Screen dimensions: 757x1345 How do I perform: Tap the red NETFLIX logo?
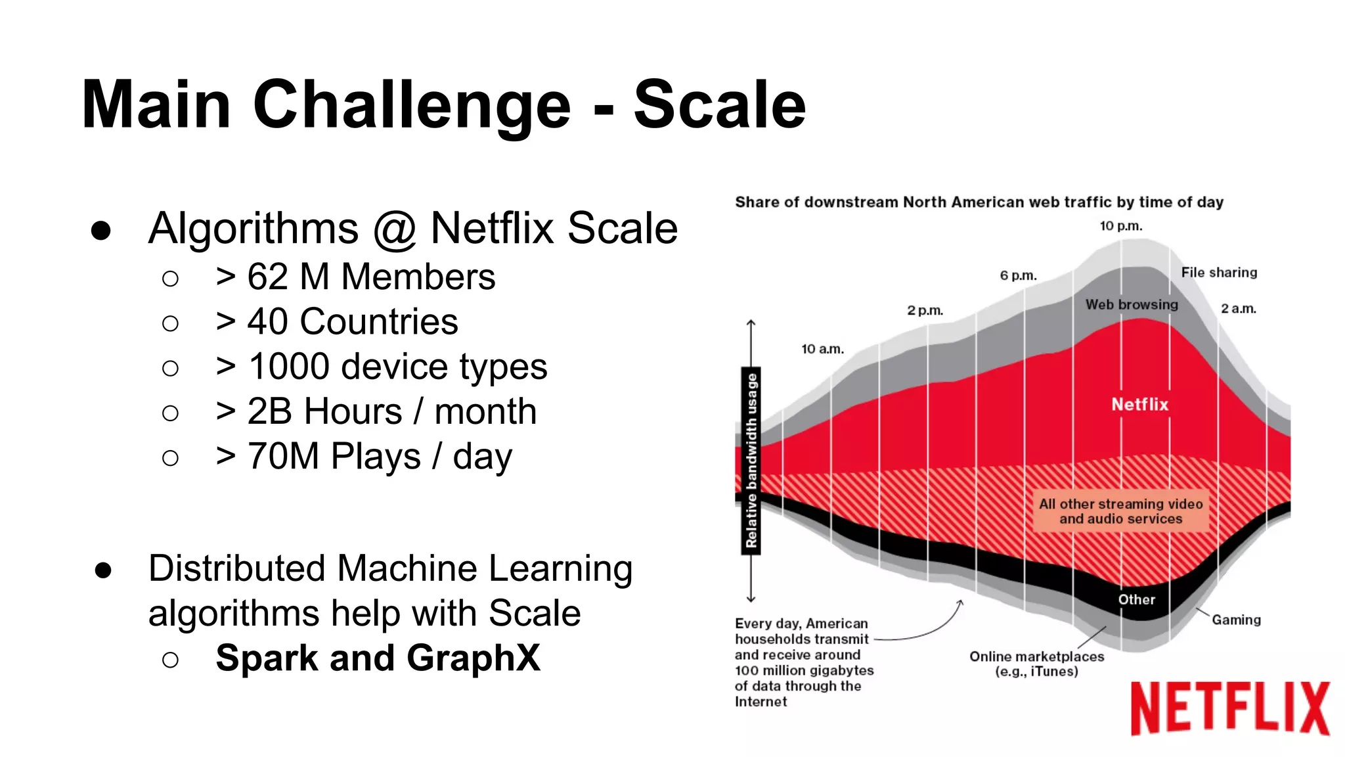point(1229,708)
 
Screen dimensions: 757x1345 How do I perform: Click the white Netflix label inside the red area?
point(1139,404)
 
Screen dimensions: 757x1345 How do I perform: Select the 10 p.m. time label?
point(1121,226)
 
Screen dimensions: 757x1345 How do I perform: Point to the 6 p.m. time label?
point(1018,276)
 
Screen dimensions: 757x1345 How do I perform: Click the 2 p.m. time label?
point(925,310)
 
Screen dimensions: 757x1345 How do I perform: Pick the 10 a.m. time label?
point(822,349)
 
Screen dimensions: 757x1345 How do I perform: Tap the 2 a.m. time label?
point(1238,309)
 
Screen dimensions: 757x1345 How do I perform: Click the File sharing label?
point(1219,273)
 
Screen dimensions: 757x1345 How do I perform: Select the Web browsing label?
point(1132,305)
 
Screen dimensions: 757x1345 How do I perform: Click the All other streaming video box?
point(1120,511)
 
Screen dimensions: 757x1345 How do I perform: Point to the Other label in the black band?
point(1136,599)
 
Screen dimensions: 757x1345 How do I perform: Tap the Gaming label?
point(1236,620)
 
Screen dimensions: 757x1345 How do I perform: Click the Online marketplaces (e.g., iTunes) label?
point(1036,664)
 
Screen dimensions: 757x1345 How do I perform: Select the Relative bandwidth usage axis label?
point(751,461)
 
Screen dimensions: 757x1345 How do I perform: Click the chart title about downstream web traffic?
point(979,202)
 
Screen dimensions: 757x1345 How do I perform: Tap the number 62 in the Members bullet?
point(267,277)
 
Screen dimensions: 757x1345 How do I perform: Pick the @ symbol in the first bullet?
point(395,229)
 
